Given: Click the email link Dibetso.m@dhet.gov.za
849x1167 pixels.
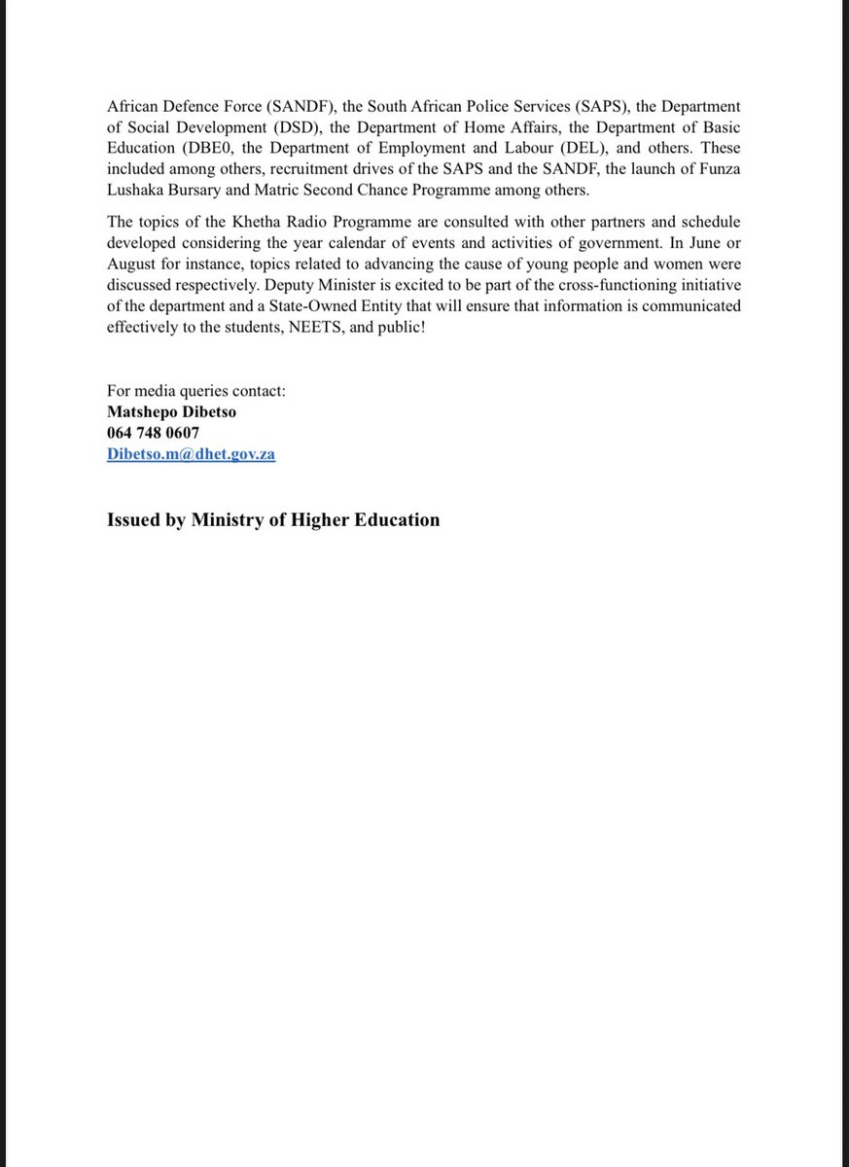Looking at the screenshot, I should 191,454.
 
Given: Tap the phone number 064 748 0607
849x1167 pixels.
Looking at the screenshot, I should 154,433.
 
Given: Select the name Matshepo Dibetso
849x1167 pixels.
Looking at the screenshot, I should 171,411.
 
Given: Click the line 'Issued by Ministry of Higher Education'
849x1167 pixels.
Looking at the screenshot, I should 272,519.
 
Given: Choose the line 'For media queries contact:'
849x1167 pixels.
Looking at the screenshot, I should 196,391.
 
